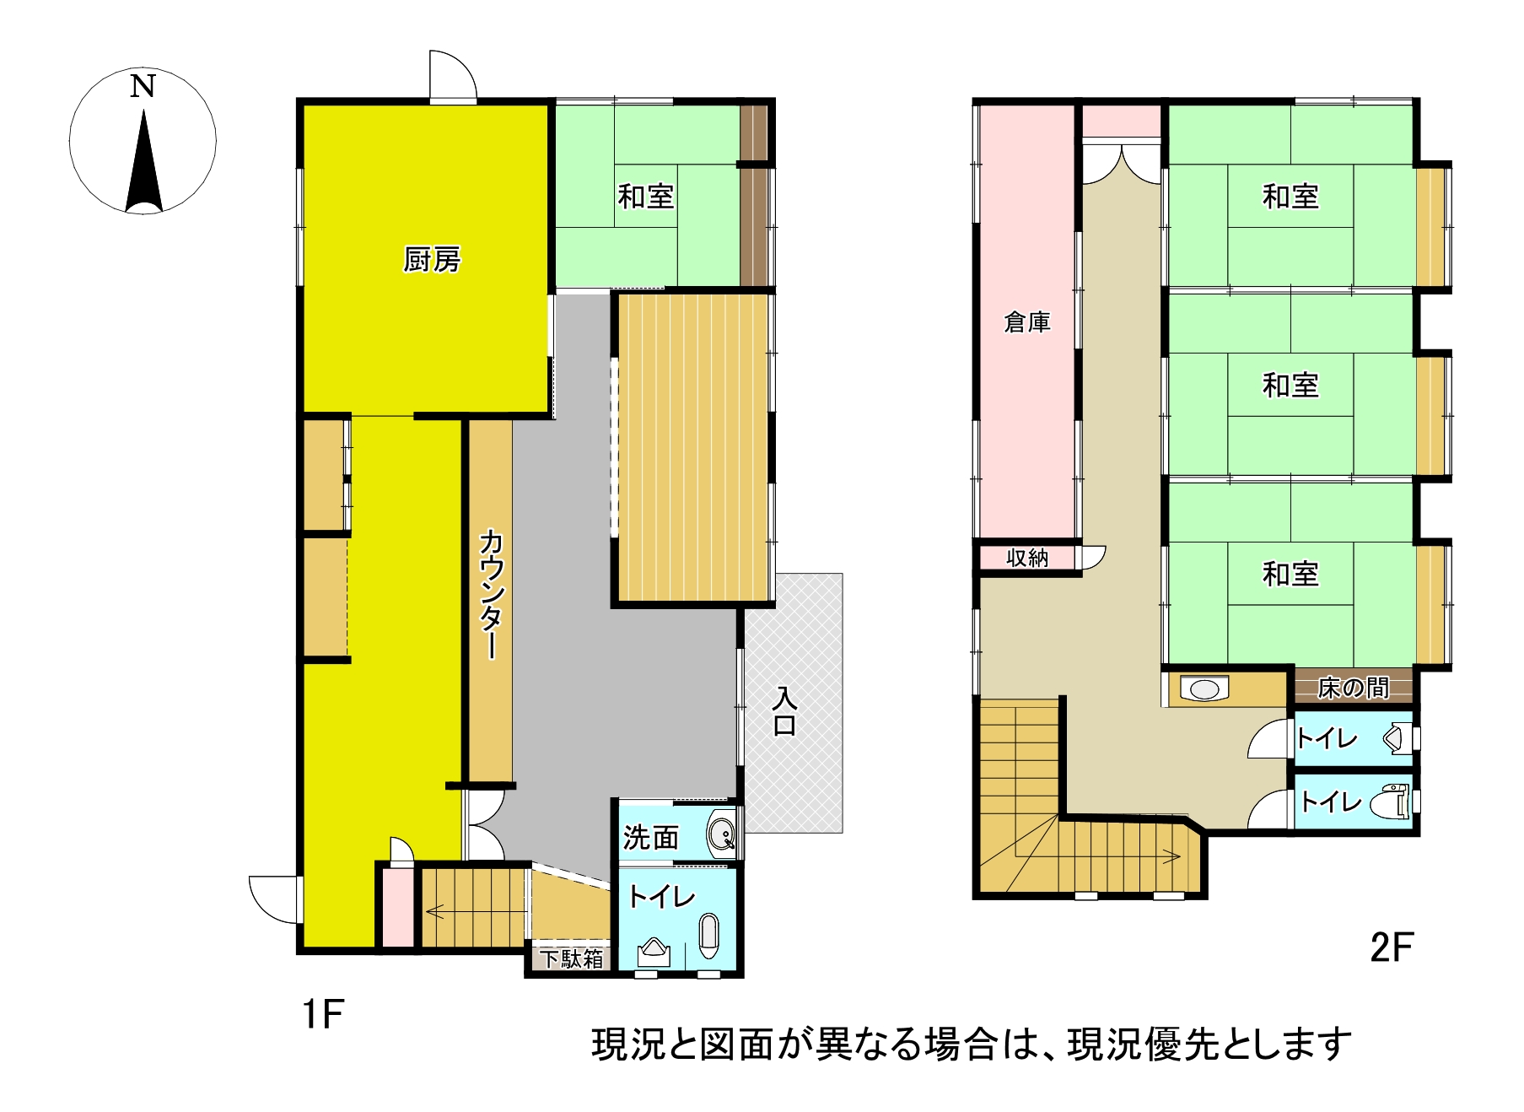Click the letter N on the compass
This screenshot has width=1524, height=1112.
pos(143,86)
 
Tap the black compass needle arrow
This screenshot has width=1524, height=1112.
pos(143,160)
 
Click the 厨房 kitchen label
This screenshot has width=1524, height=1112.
pos(432,260)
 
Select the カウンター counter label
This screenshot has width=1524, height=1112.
pos(491,594)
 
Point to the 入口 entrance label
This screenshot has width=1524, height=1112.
pos(784,711)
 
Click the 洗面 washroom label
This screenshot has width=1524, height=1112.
pos(651,837)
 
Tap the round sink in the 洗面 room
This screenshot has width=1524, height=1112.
pos(722,835)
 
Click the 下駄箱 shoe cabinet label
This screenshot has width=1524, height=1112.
pos(572,958)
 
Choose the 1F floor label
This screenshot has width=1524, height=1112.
pos(323,1013)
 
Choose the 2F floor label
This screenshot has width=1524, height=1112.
pos(1391,947)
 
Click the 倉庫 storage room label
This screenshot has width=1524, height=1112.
pos(1027,321)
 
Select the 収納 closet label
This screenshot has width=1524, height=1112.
pos(1027,558)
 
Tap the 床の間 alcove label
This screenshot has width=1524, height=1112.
pos(1354,688)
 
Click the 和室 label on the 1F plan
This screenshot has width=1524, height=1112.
pos(646,197)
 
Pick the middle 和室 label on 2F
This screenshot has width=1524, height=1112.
pos(1290,386)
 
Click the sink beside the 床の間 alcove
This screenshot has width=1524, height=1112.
pos(1204,688)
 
